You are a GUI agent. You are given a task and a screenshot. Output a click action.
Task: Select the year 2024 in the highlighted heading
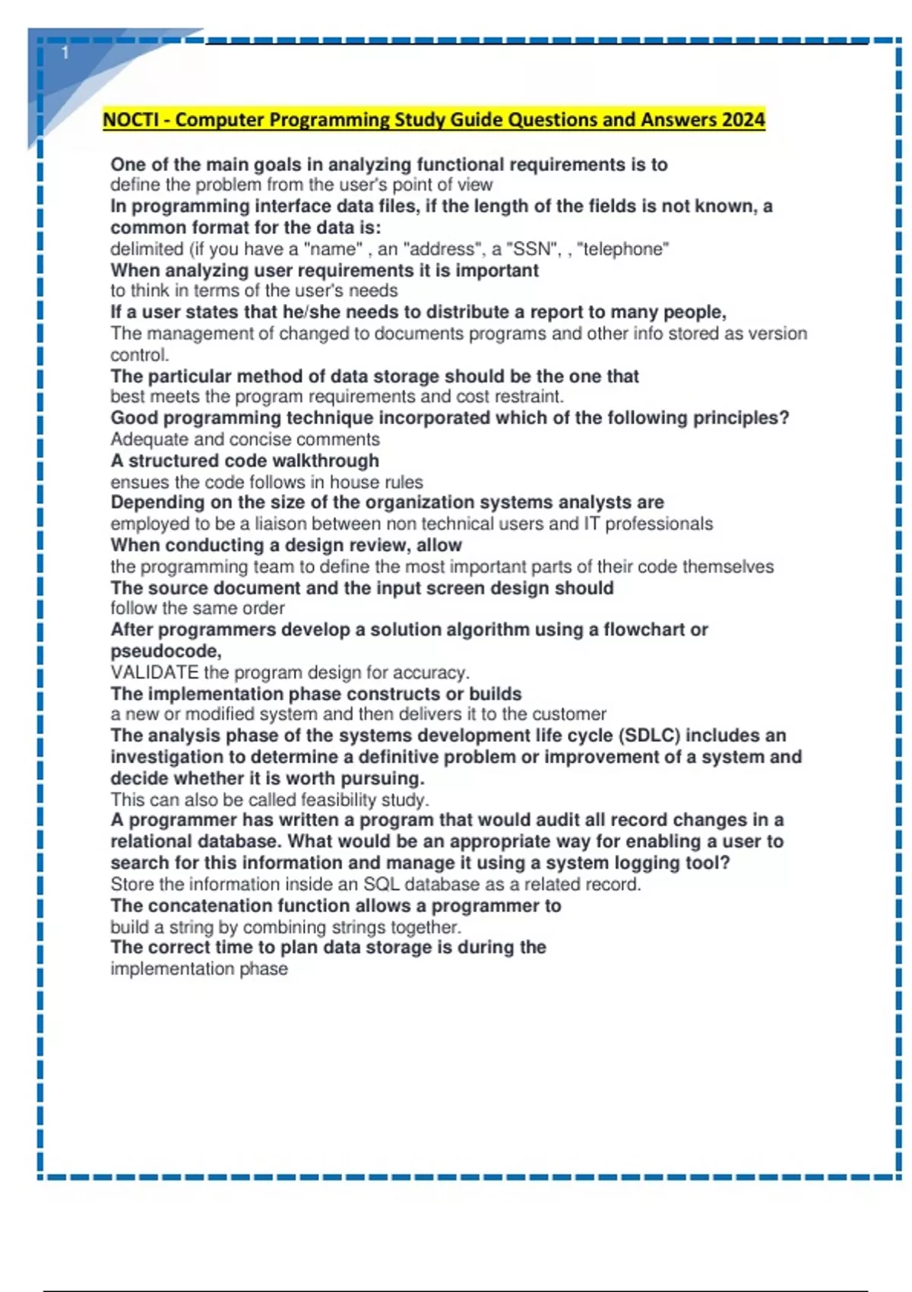[x=743, y=120]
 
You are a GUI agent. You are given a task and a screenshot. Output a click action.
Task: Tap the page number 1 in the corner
[x=65, y=52]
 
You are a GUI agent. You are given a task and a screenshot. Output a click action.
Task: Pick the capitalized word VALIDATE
[x=154, y=673]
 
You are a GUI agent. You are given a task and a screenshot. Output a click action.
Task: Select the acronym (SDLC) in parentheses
[x=649, y=736]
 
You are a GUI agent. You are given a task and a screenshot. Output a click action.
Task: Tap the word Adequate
[x=147, y=439]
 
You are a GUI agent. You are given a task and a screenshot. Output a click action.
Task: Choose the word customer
[x=569, y=714]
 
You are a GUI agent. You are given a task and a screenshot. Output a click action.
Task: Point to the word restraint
[x=530, y=397]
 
